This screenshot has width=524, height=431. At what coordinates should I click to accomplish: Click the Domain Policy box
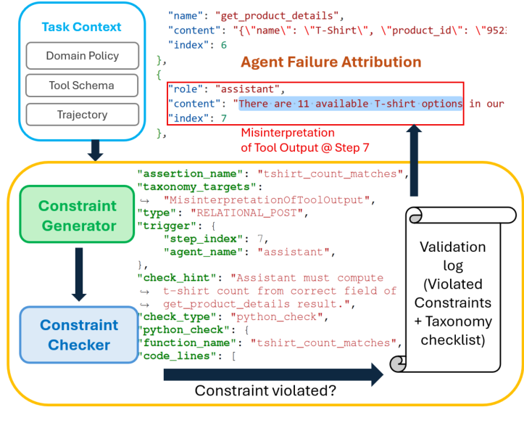point(83,56)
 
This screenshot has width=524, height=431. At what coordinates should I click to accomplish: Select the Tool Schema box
point(82,86)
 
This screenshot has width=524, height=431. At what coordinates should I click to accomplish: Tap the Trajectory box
point(83,115)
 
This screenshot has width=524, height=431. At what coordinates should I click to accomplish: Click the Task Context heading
point(81,27)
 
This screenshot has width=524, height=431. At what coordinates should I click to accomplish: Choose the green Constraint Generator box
point(78,215)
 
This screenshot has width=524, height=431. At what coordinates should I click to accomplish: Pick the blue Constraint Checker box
point(79,334)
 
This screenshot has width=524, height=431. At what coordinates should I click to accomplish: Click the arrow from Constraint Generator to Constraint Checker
point(79,274)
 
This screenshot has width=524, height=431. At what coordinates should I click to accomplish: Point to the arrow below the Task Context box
point(95,150)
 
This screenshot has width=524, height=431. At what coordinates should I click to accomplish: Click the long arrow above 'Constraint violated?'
point(273,374)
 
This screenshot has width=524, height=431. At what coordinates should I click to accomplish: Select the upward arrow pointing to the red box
point(414,160)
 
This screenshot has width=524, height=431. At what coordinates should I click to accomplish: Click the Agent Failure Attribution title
point(330,62)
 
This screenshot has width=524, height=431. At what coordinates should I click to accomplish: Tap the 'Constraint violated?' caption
point(265,390)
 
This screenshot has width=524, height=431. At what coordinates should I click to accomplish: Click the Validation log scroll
point(453,290)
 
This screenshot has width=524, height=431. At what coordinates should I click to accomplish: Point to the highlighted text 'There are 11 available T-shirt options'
point(351,104)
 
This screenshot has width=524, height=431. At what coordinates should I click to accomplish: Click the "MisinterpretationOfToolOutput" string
point(267,200)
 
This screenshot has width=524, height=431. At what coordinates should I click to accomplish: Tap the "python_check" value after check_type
point(277,316)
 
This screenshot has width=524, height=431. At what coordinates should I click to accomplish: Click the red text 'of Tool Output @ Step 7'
point(305,147)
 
